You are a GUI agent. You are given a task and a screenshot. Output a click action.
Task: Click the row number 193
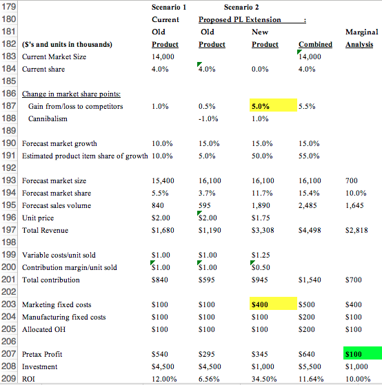(10, 180)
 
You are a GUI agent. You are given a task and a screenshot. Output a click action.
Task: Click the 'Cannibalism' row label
(48, 119)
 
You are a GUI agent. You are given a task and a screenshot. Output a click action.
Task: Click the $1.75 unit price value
(260, 218)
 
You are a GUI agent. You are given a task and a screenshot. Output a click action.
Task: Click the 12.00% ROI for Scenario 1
(163, 379)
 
